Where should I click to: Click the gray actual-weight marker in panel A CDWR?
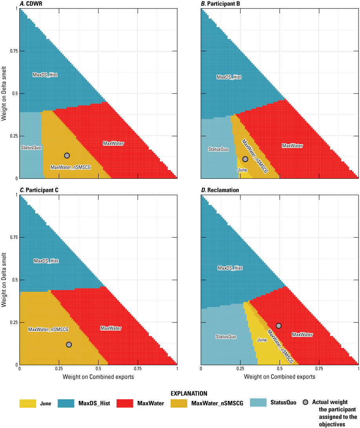[x=67, y=155]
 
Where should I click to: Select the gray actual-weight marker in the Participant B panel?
[x=245, y=159]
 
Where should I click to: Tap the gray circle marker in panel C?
[x=69, y=344]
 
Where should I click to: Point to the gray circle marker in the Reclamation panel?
[x=279, y=326]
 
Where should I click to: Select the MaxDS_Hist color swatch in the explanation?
[x=66, y=403]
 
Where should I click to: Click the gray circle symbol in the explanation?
[x=306, y=402]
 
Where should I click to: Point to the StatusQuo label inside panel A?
[x=31, y=148]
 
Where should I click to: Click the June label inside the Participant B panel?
[x=242, y=170]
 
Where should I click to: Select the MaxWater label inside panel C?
[x=111, y=328]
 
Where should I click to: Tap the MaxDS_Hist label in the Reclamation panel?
[x=230, y=268]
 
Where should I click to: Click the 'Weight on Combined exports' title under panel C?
[x=98, y=377]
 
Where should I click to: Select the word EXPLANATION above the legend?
[x=189, y=393]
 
